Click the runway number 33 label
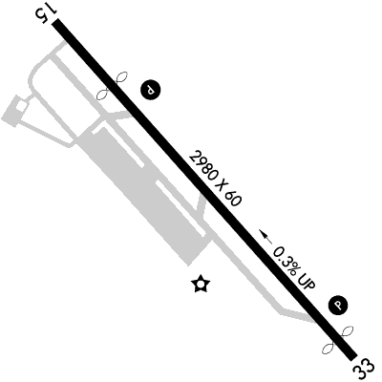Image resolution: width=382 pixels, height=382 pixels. (363, 370)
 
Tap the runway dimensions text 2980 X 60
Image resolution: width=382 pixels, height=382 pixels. (215, 179)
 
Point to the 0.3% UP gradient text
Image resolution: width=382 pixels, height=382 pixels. (294, 267)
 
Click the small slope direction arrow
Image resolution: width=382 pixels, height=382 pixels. (265, 237)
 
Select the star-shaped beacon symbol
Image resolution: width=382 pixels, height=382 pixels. (202, 284)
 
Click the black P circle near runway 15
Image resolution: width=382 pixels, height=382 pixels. (150, 89)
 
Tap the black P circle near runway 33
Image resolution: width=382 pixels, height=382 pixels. (338, 306)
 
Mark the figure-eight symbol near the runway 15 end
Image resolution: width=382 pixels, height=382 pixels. (112, 85)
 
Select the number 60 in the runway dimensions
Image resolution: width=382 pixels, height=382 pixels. (234, 199)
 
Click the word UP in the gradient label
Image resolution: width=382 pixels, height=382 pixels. (307, 280)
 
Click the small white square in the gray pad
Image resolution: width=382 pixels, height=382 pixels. (21, 106)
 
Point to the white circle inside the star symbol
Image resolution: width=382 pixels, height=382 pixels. (202, 284)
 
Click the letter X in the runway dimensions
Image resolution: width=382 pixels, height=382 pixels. (220, 183)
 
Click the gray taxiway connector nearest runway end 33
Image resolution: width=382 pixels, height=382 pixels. (298, 316)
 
